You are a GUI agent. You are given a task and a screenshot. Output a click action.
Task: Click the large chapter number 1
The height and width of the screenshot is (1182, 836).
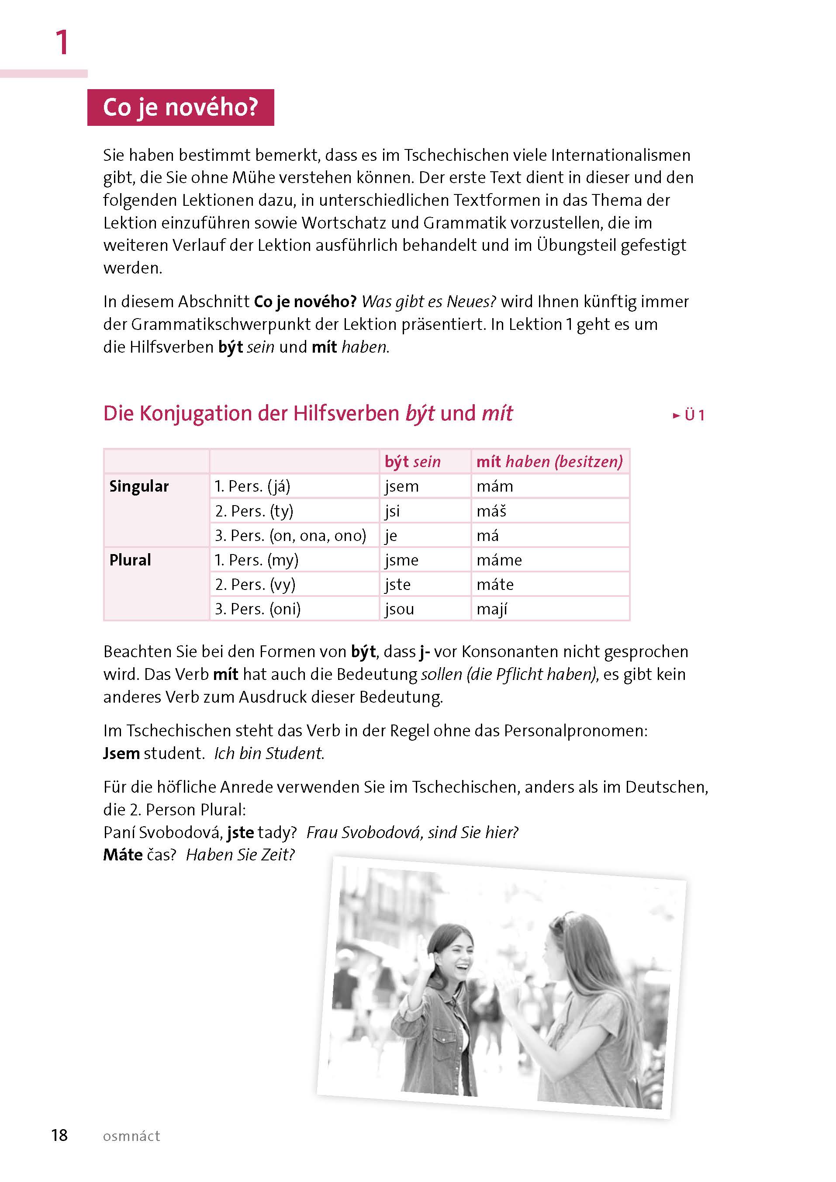point(62,42)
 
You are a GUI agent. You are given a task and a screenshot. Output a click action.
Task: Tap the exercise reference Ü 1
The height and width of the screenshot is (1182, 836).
point(689,415)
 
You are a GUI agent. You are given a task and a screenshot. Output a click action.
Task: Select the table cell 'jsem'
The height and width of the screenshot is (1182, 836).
point(401,486)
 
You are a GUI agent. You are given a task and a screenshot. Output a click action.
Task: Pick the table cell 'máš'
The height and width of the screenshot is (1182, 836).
point(492,511)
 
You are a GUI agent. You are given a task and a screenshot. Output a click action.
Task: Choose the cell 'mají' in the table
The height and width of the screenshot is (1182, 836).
point(492,609)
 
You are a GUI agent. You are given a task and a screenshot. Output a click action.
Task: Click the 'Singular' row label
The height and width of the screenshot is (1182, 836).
point(139,486)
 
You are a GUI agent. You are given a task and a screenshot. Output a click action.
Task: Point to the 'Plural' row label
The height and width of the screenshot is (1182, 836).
point(130,560)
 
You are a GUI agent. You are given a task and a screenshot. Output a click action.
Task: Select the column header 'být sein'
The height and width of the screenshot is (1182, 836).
point(412,461)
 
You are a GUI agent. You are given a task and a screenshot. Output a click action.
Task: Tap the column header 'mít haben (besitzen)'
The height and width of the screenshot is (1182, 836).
point(549,461)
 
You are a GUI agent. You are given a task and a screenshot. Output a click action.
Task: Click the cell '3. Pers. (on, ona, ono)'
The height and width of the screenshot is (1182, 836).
point(290,536)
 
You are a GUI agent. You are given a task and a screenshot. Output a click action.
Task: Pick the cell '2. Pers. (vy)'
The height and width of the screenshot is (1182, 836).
point(256,585)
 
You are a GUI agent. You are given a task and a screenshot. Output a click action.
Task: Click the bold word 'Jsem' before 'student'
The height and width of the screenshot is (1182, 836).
point(121,753)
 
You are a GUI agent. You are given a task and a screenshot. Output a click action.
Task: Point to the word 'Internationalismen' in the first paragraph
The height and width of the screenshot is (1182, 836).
point(621,155)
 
